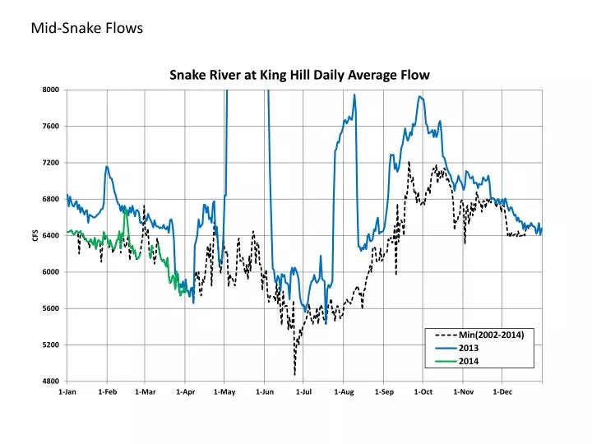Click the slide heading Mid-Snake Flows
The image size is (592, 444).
pyautogui.click(x=87, y=29)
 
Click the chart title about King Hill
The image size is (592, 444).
pyautogui.click(x=299, y=75)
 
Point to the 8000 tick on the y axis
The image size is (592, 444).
pyautogui.click(x=50, y=90)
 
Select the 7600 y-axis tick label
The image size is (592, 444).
pyautogui.click(x=50, y=127)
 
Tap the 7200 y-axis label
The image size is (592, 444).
pyautogui.click(x=50, y=163)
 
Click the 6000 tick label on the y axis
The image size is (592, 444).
pyautogui.click(x=50, y=272)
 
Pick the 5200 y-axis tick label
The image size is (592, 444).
pyautogui.click(x=50, y=345)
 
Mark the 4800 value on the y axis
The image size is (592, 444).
pyautogui.click(x=50, y=382)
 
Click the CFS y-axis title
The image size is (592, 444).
pyautogui.click(x=35, y=236)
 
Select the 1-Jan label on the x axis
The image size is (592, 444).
pyautogui.click(x=67, y=392)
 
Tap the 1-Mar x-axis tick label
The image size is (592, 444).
pyautogui.click(x=146, y=392)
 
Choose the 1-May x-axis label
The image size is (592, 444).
pyautogui.click(x=224, y=392)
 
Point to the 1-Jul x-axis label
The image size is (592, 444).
pyautogui.click(x=304, y=392)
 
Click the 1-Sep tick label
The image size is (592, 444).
pyautogui.click(x=384, y=392)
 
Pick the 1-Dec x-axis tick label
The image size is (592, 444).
pyautogui.click(x=502, y=392)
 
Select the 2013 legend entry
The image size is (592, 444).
pyautogui.click(x=468, y=348)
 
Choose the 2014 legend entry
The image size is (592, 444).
pyautogui.click(x=468, y=361)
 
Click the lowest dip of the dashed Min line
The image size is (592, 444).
pyautogui.click(x=294, y=375)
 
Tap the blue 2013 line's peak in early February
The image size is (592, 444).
pyautogui.click(x=107, y=166)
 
